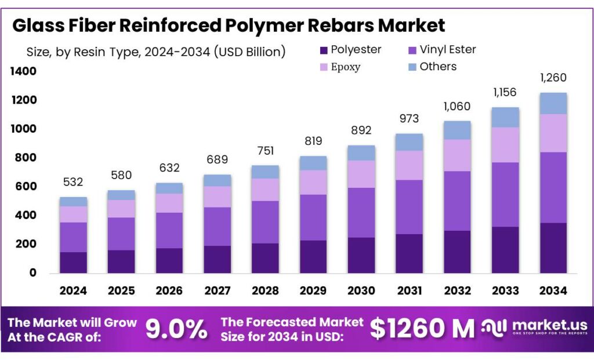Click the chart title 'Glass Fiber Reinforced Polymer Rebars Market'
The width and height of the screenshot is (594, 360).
coord(229,25)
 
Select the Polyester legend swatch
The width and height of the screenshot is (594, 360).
coord(324,50)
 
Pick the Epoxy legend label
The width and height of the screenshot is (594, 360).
coord(345,67)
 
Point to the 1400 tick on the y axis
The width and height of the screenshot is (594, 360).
coord(22,71)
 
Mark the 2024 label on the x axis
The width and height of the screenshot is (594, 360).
coord(73,291)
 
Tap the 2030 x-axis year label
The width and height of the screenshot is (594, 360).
coord(361,291)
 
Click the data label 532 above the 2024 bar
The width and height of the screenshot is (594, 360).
coord(73,182)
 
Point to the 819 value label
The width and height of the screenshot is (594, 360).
coord(313,141)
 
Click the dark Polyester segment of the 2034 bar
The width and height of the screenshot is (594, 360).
coord(553,248)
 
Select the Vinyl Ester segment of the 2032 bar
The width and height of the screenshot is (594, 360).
coord(457,201)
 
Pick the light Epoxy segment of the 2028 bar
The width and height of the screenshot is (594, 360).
coord(265,190)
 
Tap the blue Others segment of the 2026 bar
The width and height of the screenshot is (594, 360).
coord(169,188)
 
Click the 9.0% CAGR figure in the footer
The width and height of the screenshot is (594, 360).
coord(176,329)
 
